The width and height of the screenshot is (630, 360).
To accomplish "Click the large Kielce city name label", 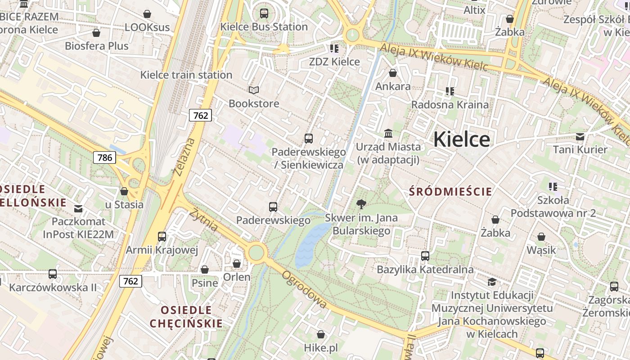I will (461, 139).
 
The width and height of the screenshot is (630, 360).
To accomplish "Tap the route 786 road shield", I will (104, 157).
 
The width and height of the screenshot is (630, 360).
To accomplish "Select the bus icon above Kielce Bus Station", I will (264, 13).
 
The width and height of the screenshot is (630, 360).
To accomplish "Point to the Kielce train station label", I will (186, 75).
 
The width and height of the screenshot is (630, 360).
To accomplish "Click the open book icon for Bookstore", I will (254, 90).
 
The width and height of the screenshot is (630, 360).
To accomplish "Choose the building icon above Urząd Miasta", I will (388, 133).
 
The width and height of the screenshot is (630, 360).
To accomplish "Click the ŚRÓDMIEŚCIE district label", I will (450, 192).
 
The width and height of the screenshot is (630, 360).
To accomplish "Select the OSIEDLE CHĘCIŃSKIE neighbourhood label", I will (186, 317).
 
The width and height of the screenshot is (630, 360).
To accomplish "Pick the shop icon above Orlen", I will (237, 264).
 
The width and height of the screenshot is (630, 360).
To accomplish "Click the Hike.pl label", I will (321, 348).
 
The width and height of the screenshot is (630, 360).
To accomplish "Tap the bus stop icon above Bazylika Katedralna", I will (425, 256).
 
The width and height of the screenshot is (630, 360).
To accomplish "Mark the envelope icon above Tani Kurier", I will (580, 136).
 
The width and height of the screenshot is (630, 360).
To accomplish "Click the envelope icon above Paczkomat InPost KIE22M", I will (79, 208).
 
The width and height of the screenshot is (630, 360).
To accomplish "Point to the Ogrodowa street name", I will (304, 289).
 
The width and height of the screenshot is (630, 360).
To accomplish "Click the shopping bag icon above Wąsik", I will (541, 237).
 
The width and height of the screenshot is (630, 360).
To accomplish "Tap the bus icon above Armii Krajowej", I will (162, 236).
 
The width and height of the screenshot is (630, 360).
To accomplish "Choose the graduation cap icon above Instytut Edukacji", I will (492, 282).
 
